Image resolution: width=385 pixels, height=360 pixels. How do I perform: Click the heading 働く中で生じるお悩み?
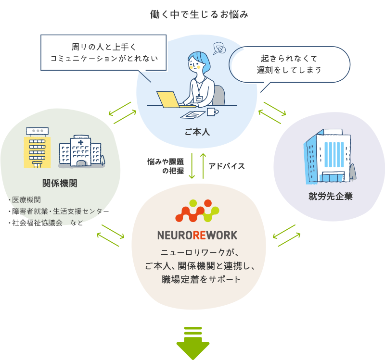[x=199, y=15]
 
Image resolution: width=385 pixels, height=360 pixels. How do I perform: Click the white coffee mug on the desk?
[x=212, y=112]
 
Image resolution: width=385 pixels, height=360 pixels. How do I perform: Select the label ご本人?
[x=197, y=131]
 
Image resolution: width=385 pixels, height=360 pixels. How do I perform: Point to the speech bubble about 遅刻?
[x=288, y=64]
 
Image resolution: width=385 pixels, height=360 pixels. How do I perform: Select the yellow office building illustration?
[x=37, y=147]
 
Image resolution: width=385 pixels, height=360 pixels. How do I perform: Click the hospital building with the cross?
[x=80, y=151]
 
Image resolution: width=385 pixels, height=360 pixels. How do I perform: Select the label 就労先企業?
[x=331, y=196]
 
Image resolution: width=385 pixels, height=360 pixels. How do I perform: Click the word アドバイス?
[x=227, y=166]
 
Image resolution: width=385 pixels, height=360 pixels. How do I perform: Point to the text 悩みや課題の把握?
[x=167, y=166]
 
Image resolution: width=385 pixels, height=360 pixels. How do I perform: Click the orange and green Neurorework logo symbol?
[x=197, y=212]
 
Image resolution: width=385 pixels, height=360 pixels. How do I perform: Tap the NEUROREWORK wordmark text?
[x=197, y=236]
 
